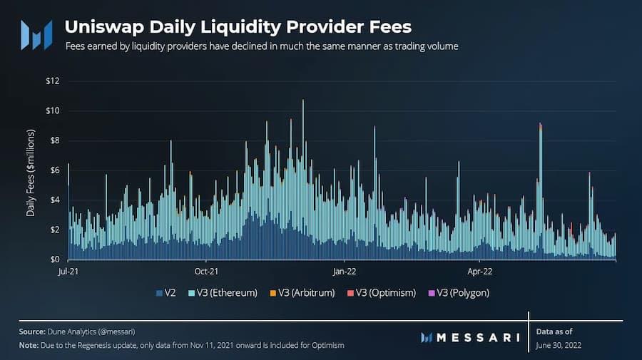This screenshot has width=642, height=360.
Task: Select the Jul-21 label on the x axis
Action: tap(68, 272)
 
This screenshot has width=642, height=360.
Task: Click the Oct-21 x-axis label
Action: tap(205, 272)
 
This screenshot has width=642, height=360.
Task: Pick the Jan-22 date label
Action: tap(345, 272)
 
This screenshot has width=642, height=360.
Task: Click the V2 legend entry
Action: tap(169, 293)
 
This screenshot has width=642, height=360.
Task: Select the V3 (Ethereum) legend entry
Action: tap(223, 293)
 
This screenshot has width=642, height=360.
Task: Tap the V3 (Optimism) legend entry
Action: tap(384, 293)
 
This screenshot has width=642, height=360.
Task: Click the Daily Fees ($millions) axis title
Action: tap(31, 173)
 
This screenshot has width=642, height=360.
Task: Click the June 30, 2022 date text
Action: tap(560, 345)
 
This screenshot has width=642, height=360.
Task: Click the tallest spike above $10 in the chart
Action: tap(303, 102)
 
